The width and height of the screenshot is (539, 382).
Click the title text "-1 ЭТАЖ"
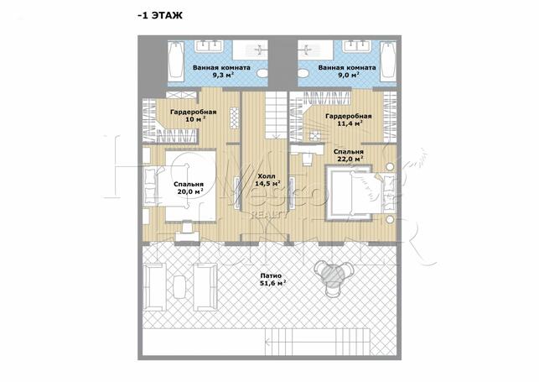pyautogui.click(x=160, y=15)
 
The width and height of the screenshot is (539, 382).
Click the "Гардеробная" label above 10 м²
pyautogui.click(x=194, y=112)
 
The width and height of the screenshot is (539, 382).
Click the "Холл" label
pyautogui.click(x=267, y=176)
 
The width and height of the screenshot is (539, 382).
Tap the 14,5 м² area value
pyautogui.click(x=268, y=183)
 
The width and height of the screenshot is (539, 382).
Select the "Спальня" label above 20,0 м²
pyautogui.click(x=189, y=184)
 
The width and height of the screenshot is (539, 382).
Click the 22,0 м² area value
pyautogui.click(x=350, y=159)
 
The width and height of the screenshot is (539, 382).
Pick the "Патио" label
pyautogui.click(x=271, y=275)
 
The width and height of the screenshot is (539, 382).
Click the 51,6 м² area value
pyautogui.click(x=273, y=283)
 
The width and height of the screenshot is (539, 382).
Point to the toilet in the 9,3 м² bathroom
pyautogui.click(x=263, y=73)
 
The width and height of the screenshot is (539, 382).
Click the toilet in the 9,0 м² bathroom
pyautogui.click(x=304, y=73)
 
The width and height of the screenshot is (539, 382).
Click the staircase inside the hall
pyautogui.click(x=276, y=115)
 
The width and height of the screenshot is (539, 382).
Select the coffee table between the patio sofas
pyautogui.click(x=179, y=287)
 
